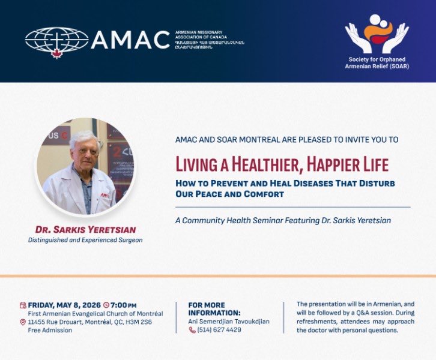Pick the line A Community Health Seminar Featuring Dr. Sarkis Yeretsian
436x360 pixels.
[x=283, y=220]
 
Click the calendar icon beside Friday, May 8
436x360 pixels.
[x=23, y=305]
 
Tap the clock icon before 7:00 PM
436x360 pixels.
[x=106, y=305]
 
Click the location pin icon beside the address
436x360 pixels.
[x=23, y=322]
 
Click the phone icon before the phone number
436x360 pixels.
[x=192, y=330]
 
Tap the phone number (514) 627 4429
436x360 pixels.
[x=220, y=330]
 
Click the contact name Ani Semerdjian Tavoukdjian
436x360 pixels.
[x=229, y=322]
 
